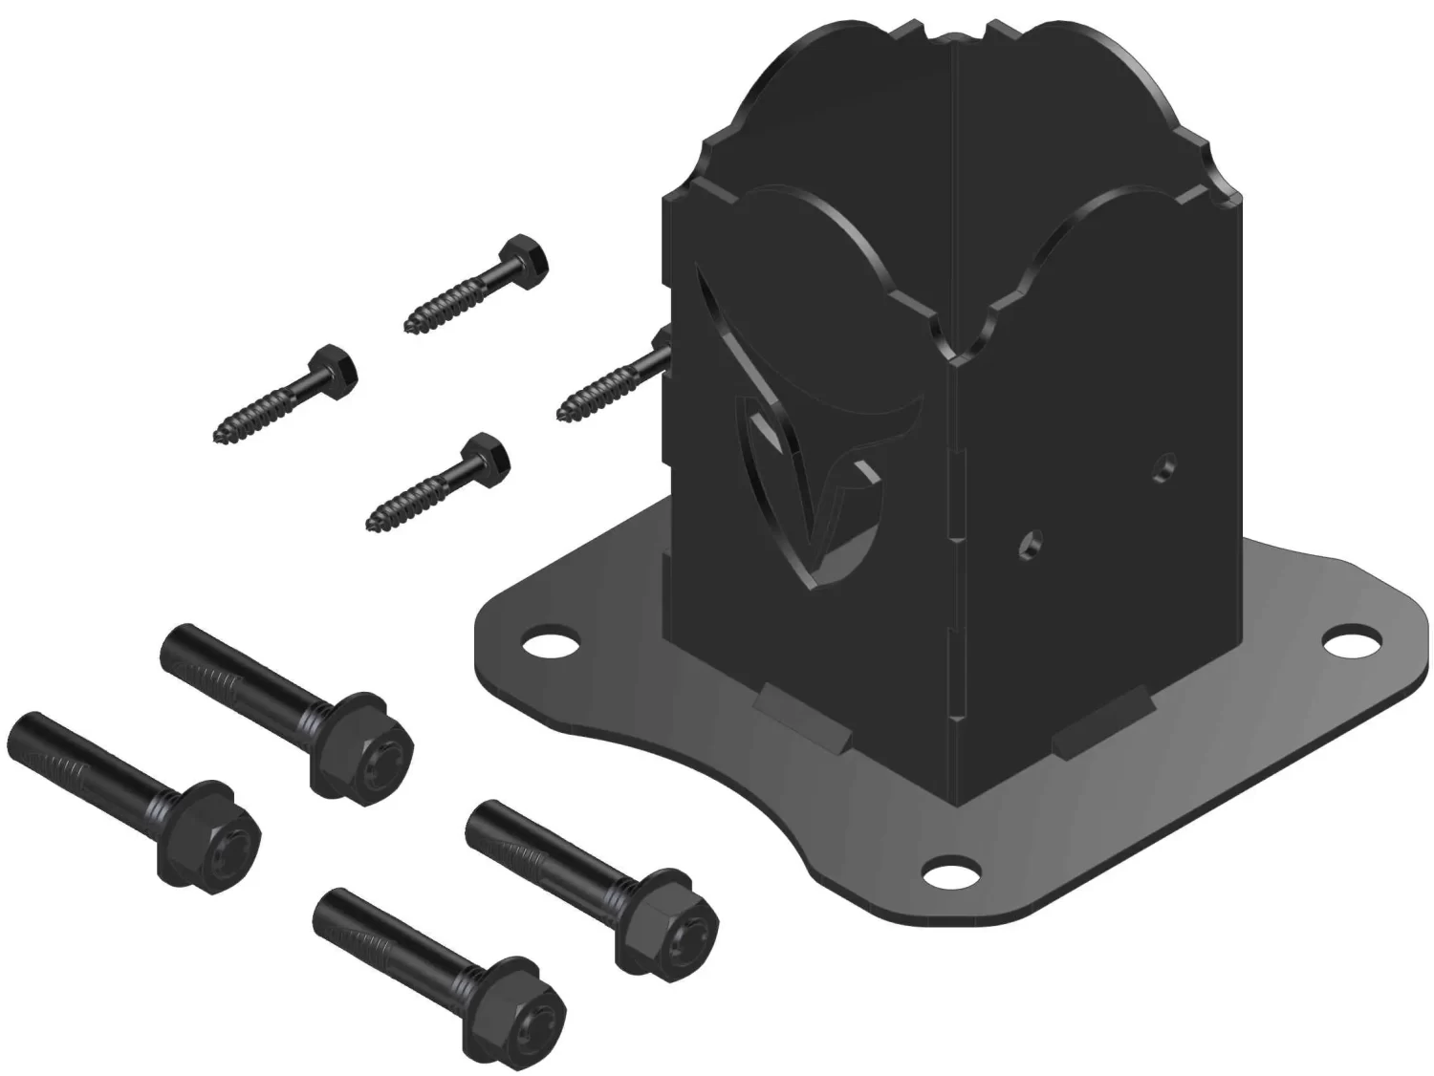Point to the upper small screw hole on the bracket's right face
point(1164,465)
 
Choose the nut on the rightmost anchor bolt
point(674,919)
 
